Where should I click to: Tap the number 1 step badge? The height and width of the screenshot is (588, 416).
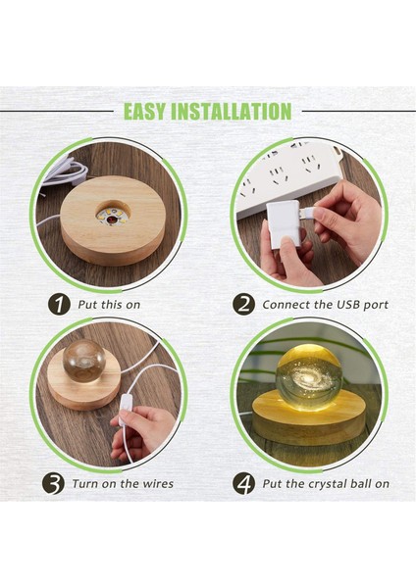click(x=60, y=304)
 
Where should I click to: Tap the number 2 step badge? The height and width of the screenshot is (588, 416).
click(x=243, y=304)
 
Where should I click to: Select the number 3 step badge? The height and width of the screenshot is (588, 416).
click(x=55, y=483)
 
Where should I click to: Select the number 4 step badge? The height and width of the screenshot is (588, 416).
click(x=243, y=483)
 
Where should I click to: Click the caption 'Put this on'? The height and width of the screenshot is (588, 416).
click(x=109, y=305)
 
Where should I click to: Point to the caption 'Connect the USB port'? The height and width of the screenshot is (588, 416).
click(x=325, y=305)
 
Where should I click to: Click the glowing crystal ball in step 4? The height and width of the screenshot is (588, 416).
click(x=308, y=376)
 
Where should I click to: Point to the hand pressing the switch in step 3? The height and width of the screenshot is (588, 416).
click(x=142, y=431)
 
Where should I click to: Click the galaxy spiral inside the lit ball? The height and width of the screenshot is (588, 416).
click(x=308, y=375)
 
